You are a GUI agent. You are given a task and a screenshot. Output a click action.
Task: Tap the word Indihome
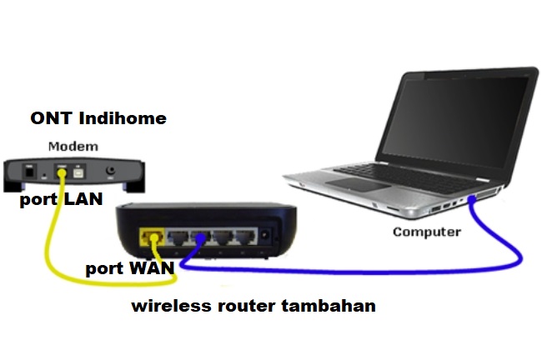(124, 118)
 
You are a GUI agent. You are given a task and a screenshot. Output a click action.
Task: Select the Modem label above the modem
(73, 147)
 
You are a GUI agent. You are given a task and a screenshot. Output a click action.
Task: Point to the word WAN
(154, 268)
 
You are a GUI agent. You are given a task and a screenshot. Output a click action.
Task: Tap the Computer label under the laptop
(426, 232)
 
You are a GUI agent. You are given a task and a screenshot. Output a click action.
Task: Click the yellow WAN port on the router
(152, 237)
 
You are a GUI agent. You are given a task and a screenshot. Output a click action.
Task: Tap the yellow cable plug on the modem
(61, 173)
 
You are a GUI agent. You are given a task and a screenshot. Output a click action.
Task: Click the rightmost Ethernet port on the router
(244, 237)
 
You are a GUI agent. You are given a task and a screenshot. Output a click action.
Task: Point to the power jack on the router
(266, 236)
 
